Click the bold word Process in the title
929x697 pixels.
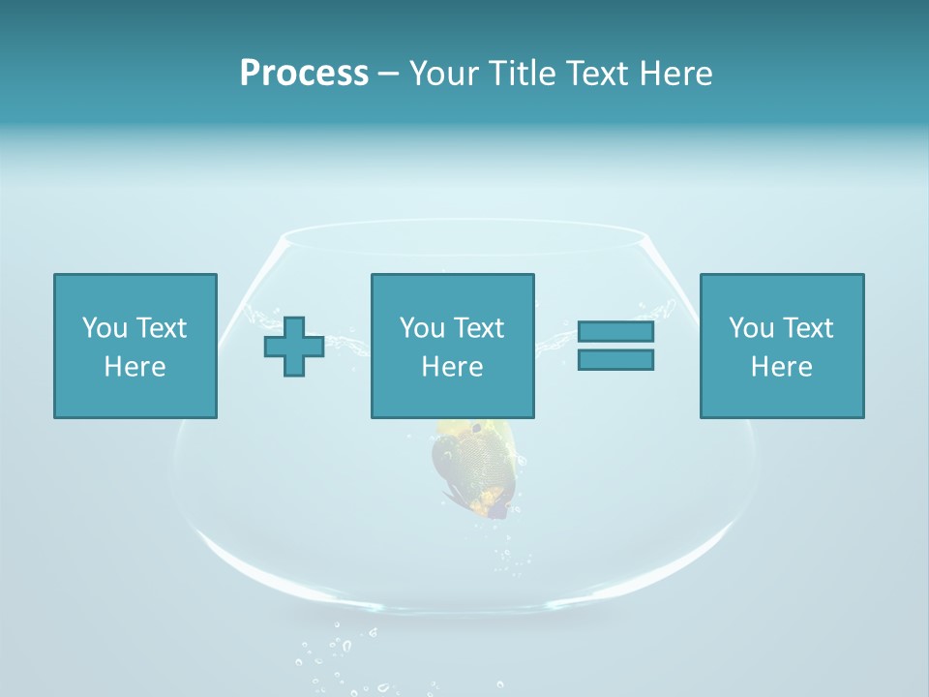(x=304, y=74)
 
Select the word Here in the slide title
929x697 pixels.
(x=676, y=74)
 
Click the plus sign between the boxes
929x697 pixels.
(x=294, y=347)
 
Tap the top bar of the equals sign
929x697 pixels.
(x=615, y=332)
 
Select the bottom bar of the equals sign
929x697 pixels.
(x=615, y=359)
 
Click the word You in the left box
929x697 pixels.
(x=104, y=328)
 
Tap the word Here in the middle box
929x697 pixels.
(x=453, y=367)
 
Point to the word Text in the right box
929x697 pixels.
(x=807, y=328)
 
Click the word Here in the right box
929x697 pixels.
(x=782, y=367)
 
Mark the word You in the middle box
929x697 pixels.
(x=422, y=328)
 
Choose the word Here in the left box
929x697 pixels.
(x=135, y=367)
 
